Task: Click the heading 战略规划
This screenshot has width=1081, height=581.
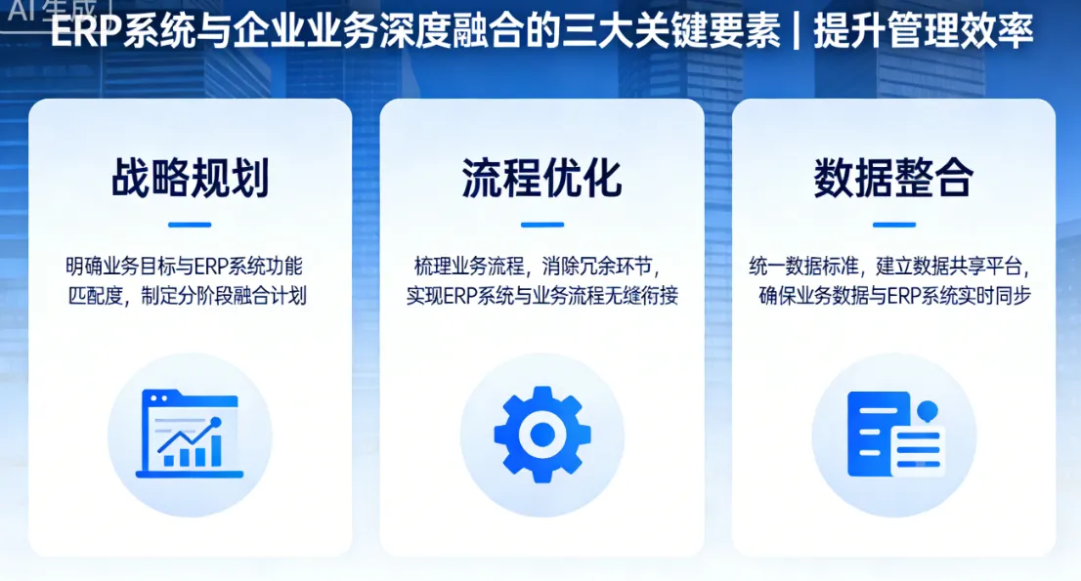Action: (190, 179)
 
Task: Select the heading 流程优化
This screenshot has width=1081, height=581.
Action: (541, 179)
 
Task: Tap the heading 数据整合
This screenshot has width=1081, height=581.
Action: (893, 179)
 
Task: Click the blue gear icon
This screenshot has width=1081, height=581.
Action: (541, 435)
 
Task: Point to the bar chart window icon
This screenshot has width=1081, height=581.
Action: (190, 435)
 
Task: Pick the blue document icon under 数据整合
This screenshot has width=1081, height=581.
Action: (893, 435)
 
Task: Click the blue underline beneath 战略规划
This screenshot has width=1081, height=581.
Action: (190, 225)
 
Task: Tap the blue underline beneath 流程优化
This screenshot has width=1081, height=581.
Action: (541, 225)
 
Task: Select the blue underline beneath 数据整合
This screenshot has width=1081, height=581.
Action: (893, 225)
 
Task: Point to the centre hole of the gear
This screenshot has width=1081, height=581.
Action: (541, 436)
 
